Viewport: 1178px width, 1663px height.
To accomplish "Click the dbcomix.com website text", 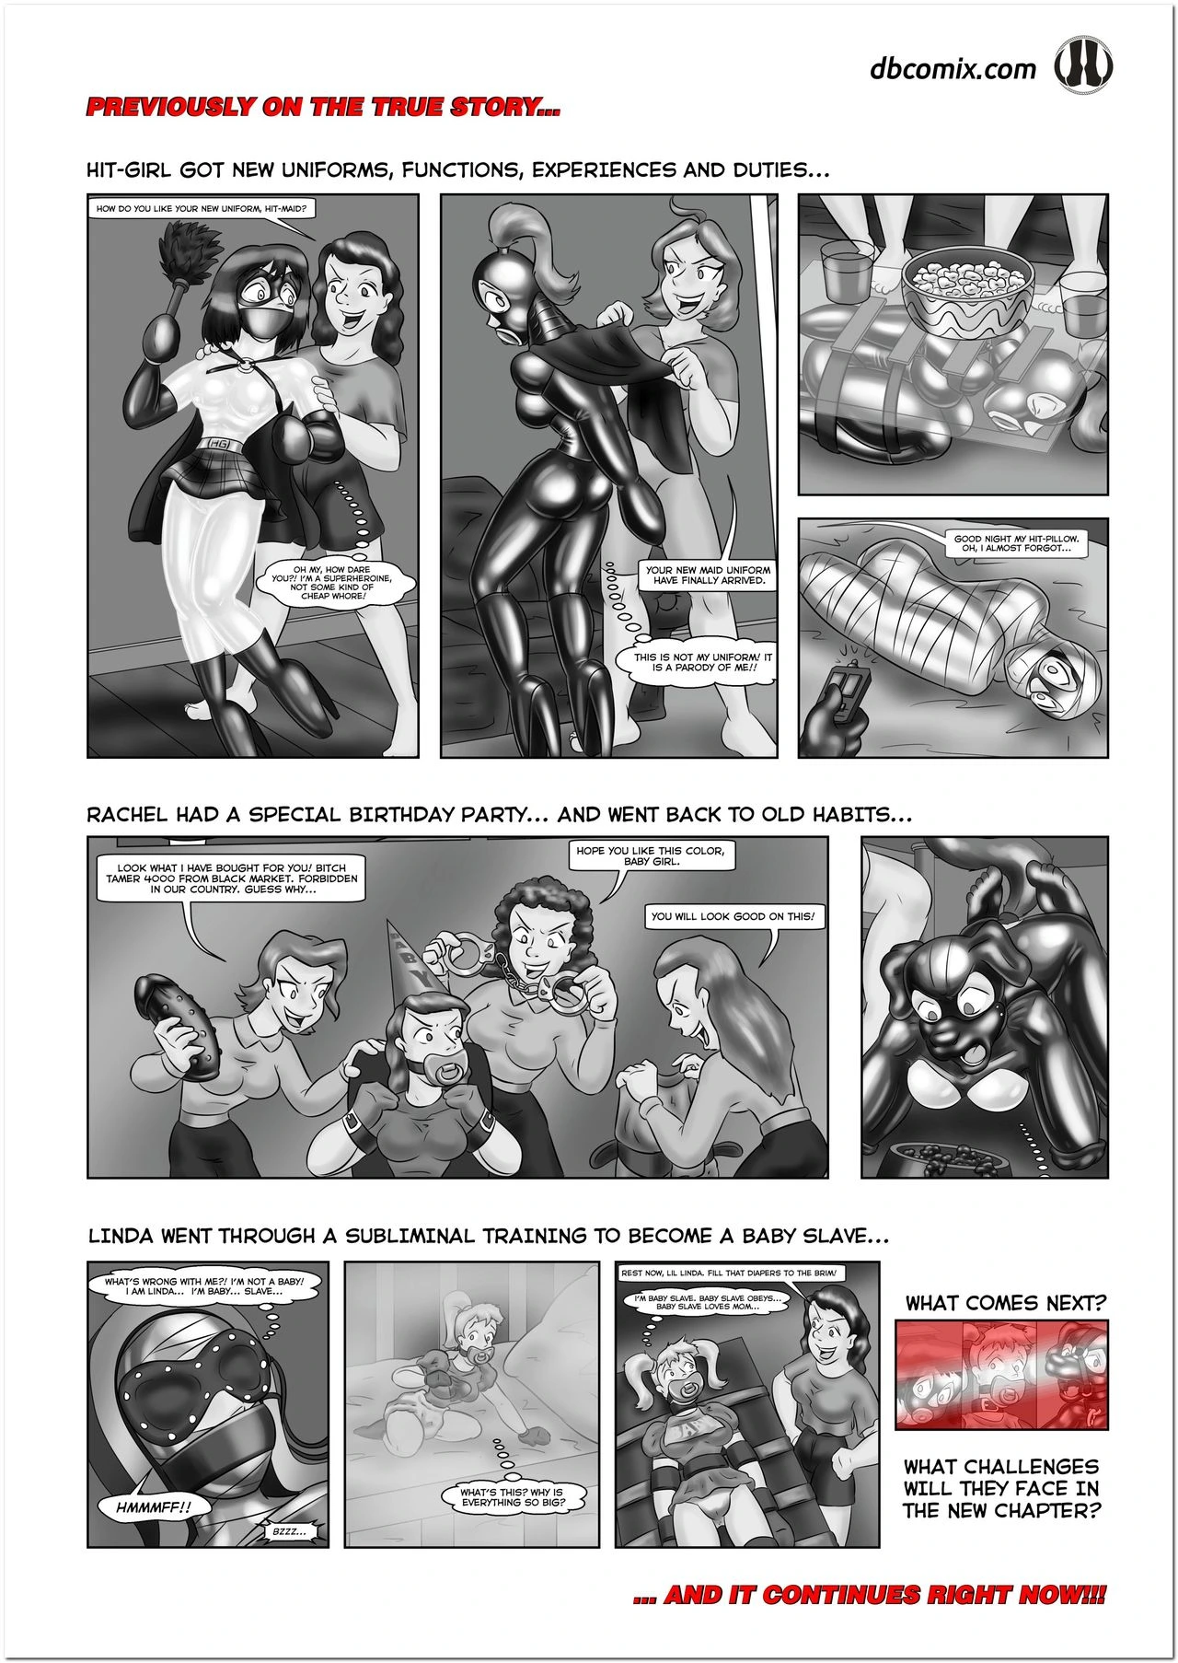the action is pyautogui.click(x=953, y=69).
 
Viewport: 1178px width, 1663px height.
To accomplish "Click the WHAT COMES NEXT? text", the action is pyautogui.click(x=1005, y=1303).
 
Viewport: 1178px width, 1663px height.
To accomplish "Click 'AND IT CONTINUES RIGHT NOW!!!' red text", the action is pyautogui.click(x=871, y=1594).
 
